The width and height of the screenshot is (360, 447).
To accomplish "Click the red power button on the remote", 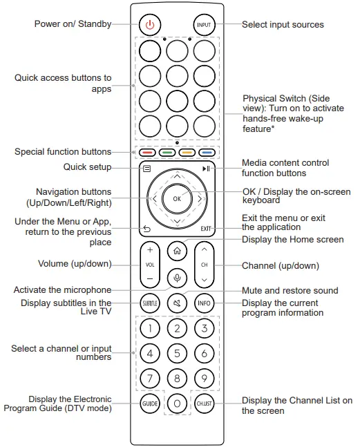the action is pos(150,24).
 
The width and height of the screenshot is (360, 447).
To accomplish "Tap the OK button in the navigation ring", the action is pos(177,198).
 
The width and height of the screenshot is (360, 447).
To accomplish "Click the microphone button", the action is pos(177,278).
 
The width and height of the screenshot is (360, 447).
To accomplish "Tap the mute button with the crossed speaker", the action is pos(177,303).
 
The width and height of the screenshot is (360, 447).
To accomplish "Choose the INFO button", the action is pos(203,303).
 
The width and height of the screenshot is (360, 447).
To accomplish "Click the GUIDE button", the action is pos(150,403).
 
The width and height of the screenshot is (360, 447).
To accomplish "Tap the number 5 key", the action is pos(177,354).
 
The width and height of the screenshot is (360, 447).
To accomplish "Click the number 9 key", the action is pos(203,378).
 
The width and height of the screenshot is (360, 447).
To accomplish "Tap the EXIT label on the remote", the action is pos(205,229).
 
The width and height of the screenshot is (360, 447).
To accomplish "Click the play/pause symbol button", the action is pos(206,168).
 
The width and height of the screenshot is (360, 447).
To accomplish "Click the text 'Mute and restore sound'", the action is pos(290,290).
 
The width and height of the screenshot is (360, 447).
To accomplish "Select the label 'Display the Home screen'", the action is pos(292,240).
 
